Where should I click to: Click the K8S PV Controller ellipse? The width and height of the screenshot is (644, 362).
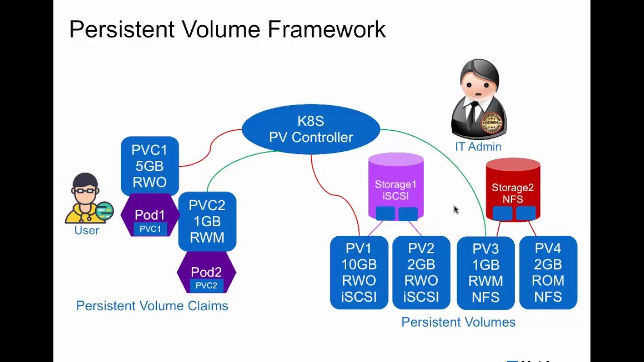(310, 129)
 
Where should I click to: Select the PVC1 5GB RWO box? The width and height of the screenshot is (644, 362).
(149, 165)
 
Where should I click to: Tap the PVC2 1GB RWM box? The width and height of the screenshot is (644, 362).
(207, 221)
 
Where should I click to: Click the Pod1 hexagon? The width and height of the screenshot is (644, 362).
(149, 215)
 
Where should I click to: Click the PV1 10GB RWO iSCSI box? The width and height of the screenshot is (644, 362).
(359, 273)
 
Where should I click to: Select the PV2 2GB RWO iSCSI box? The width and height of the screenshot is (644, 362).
(421, 273)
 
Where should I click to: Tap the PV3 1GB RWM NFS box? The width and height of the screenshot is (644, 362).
(486, 273)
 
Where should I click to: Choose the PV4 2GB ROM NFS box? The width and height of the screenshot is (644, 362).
(548, 273)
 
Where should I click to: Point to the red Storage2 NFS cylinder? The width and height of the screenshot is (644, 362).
(513, 190)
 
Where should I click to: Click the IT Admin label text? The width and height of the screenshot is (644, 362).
(478, 147)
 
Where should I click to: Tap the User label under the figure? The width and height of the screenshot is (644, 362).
(87, 231)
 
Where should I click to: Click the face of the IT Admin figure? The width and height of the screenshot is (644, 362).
(478, 85)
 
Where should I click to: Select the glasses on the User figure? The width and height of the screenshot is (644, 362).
(85, 191)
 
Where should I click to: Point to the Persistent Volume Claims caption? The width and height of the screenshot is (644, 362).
(152, 306)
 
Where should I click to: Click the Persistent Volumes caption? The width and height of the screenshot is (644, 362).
(458, 322)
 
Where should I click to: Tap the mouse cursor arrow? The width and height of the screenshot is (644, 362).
(455, 210)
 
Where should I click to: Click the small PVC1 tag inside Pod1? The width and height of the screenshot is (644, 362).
(150, 229)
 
